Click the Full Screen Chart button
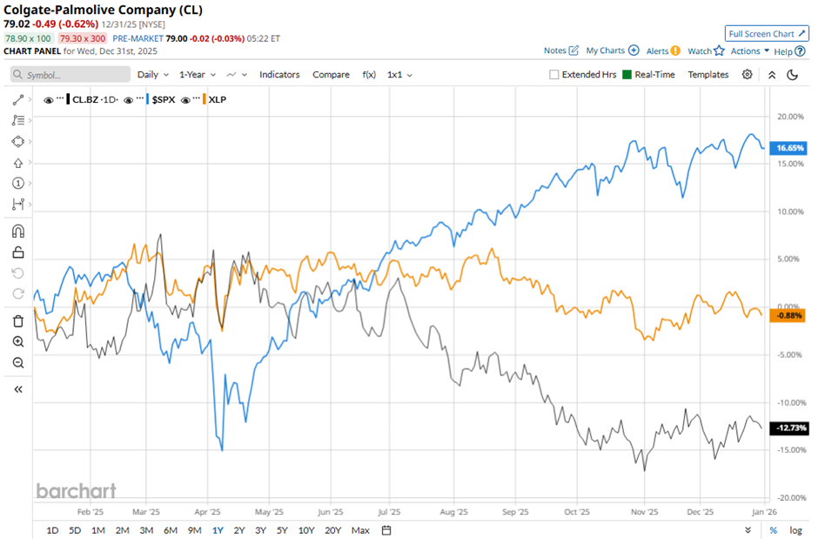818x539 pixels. (x=767, y=33)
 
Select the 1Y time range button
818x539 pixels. (x=217, y=529)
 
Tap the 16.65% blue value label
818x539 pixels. (x=789, y=148)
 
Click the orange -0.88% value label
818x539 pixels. (x=789, y=314)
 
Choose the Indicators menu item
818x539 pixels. (x=279, y=75)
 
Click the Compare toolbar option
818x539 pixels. (x=330, y=75)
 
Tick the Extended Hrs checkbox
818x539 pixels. (x=554, y=75)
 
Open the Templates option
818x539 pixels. (x=707, y=75)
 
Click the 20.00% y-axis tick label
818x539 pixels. (x=788, y=117)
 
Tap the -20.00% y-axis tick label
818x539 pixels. (x=788, y=497)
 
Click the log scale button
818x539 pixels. (x=795, y=529)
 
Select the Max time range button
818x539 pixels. (x=360, y=529)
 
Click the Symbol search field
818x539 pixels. (x=70, y=75)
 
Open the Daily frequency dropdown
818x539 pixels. (x=151, y=75)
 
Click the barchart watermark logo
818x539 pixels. (x=76, y=491)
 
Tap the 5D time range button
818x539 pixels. (x=75, y=529)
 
